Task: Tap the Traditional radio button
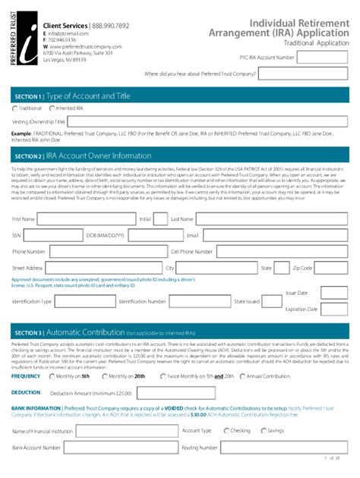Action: click(x=15, y=108)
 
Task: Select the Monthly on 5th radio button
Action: click(x=49, y=376)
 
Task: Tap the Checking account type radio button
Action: click(x=226, y=431)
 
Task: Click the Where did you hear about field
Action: click(x=305, y=74)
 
